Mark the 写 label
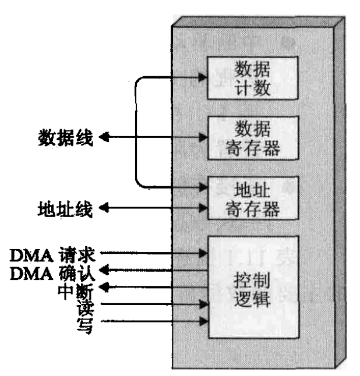click(x=89, y=320)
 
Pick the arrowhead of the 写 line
click(x=203, y=320)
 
